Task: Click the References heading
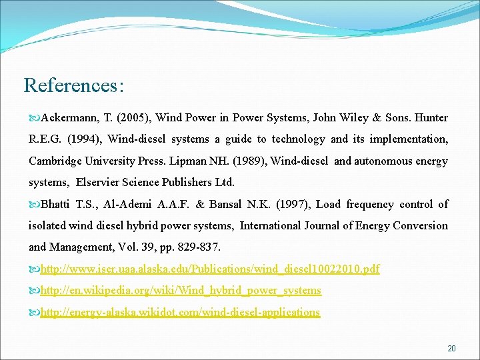(x=73, y=86)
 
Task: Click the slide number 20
(x=451, y=349)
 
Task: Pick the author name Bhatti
(x=55, y=204)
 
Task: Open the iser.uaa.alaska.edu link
(x=210, y=269)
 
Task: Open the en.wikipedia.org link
(x=181, y=291)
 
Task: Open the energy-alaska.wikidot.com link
(x=180, y=312)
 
